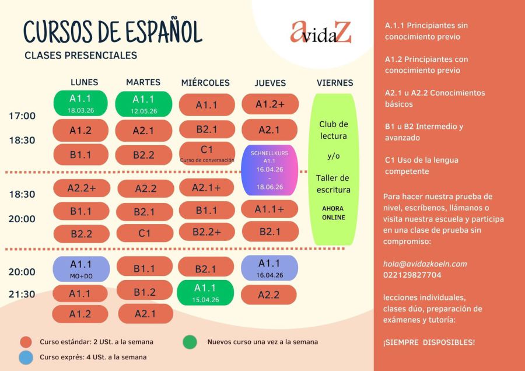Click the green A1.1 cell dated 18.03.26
click(80, 103)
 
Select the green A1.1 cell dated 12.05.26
click(143, 103)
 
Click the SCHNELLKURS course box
click(269, 170)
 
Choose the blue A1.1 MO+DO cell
click(80, 269)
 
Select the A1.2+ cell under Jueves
click(269, 104)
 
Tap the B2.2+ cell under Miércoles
click(206, 232)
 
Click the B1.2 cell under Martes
click(145, 290)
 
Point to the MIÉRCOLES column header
click(205, 83)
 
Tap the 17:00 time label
click(22, 116)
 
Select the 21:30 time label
click(22, 295)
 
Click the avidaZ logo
click(321, 33)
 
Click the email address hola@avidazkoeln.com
click(425, 264)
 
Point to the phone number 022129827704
click(412, 275)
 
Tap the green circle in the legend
click(189, 342)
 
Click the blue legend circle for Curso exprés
click(26, 357)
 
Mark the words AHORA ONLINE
click(332, 213)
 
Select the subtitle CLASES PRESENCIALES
click(80, 56)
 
